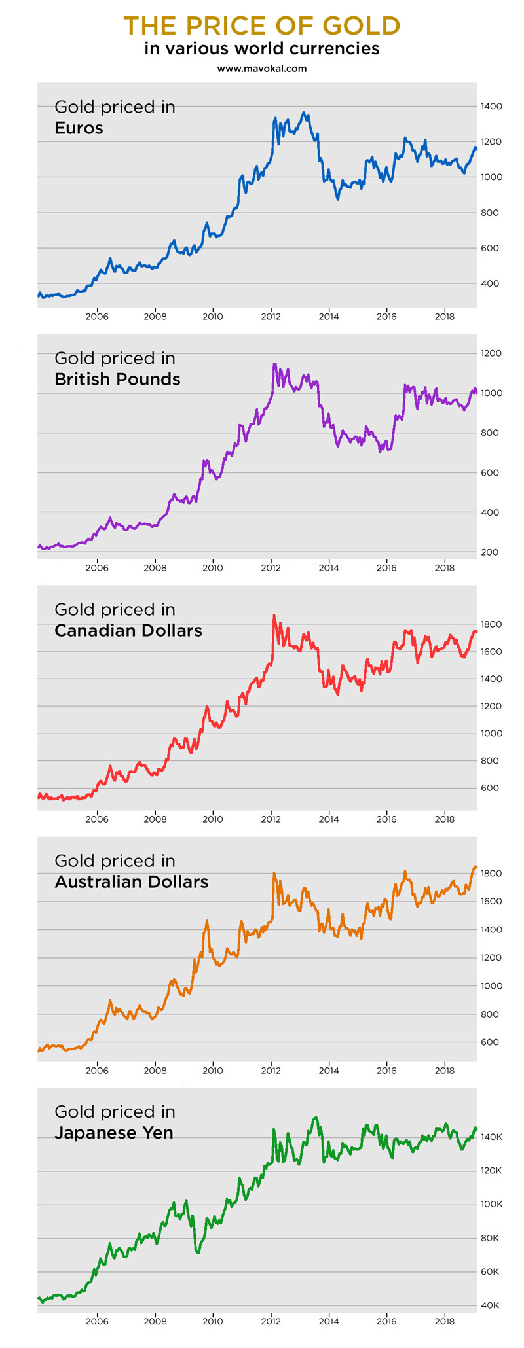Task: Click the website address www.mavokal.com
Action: pos(262,68)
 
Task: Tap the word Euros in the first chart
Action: pos(79,128)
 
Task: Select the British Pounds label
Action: pos(117,379)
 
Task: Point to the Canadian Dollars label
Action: pos(128,630)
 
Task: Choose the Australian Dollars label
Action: pos(131,881)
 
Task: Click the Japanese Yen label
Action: pos(113,1132)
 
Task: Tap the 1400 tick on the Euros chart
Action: pos(491,106)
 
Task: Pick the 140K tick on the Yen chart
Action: pos(491,1137)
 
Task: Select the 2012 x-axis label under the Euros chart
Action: pos(271,317)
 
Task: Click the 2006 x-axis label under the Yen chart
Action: pos(97,1321)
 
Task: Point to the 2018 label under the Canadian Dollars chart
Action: pos(444,819)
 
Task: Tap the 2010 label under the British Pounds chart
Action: pos(213,568)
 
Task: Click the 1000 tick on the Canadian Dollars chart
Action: pos(491,733)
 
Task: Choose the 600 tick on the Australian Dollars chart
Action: pos(491,1042)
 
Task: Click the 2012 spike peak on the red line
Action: pos(274,615)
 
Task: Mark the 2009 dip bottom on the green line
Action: pos(198,1252)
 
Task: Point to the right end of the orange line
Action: pos(476,868)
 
